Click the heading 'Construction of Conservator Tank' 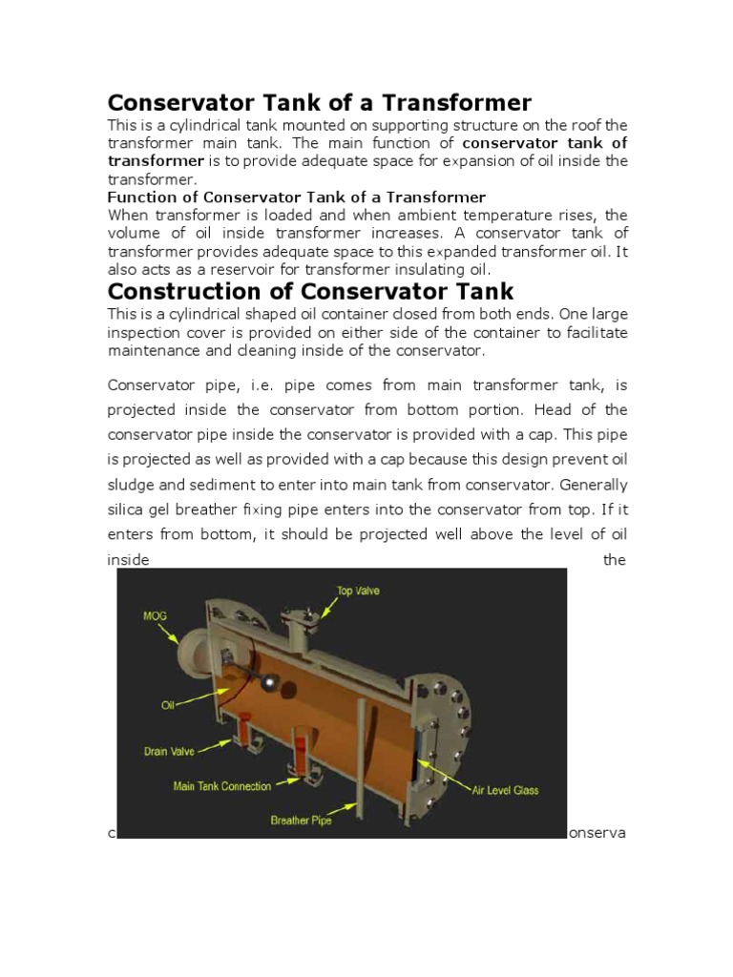click(310, 291)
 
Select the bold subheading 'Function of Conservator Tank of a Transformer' click(296, 197)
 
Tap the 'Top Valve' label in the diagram click(358, 591)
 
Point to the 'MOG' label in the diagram click(154, 615)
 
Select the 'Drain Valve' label click(169, 751)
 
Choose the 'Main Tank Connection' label click(221, 786)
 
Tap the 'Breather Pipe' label click(301, 820)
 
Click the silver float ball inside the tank click(271, 682)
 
